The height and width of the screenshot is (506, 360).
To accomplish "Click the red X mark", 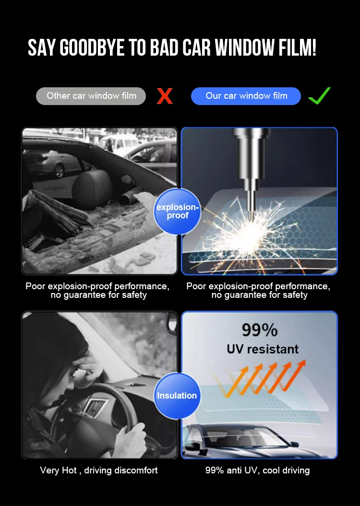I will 165,96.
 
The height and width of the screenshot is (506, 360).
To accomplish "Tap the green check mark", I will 319,95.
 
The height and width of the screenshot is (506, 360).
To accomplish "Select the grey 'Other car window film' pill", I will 91,96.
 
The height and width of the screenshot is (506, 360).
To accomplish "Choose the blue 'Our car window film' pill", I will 246,96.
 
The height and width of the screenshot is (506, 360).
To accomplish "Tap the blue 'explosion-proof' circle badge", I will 177,212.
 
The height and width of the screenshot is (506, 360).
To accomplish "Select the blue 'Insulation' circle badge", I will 177,396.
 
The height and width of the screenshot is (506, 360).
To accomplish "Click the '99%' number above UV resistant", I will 259,330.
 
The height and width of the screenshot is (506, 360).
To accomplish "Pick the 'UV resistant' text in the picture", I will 263,349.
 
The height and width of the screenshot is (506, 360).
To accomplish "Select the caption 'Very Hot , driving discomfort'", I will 99,471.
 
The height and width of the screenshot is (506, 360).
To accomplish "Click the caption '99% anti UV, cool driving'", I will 258,471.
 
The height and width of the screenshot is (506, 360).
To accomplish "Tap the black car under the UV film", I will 235,441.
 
